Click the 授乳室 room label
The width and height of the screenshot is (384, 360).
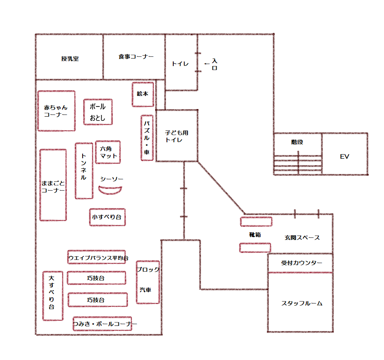70,59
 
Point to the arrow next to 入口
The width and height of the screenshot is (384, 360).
207,64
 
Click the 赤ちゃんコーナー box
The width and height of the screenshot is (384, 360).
56,111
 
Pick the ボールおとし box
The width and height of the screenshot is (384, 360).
98,112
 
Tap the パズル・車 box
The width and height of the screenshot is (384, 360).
147,138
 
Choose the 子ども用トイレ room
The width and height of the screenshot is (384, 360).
177,136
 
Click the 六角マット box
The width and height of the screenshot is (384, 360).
108,152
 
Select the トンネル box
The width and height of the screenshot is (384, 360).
84,171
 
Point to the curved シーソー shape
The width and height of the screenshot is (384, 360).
110,191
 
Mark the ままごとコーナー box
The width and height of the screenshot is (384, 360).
53,185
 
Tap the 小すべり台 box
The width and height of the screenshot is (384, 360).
107,217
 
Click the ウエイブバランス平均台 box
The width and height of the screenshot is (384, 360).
97,257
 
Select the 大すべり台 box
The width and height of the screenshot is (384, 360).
53,296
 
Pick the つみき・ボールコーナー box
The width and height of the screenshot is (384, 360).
102,324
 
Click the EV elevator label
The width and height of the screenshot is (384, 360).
344,156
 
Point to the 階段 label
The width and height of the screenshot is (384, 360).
297,142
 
